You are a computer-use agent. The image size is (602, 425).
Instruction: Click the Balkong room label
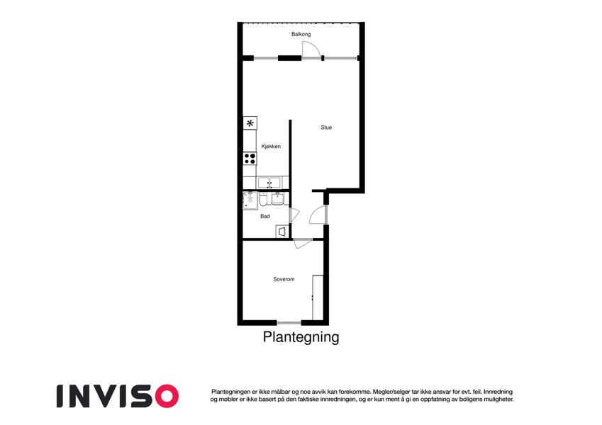pos(301,34)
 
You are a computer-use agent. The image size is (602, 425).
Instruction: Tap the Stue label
pos(326,127)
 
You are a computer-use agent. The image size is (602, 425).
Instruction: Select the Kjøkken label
pos(271,146)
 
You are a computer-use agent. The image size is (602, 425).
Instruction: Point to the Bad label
pos(265,216)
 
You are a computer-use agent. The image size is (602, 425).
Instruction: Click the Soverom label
pos(284,279)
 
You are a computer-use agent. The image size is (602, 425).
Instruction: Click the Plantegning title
pos(301,337)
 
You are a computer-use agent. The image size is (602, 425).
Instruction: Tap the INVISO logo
pos(118,396)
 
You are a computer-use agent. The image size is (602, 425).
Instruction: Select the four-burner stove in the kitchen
pos(250,159)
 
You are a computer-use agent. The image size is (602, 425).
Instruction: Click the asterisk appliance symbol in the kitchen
pos(250,123)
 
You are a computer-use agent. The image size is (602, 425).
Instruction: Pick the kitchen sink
pos(269,183)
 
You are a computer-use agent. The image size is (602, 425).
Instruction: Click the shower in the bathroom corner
pos(250,200)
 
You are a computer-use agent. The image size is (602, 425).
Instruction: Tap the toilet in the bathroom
pos(263,200)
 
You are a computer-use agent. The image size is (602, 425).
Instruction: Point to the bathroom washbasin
pos(277,198)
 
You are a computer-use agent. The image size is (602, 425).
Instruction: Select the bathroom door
pos(294,215)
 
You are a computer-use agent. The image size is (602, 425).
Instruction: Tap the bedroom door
pos(303,244)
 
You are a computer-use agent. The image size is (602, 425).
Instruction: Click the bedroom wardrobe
pos(318,297)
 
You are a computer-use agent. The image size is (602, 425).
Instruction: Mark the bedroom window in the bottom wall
pos(289,322)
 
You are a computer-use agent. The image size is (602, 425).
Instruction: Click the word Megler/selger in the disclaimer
pos(390,392)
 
